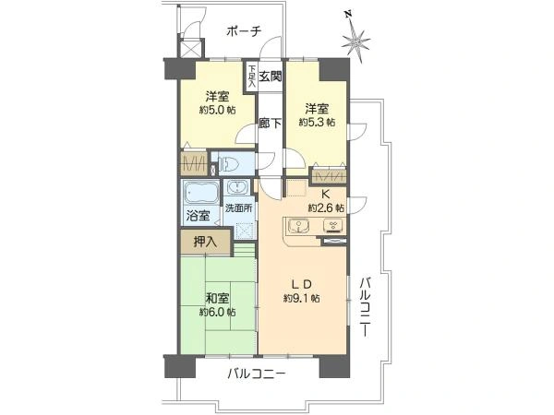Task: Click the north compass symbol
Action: pos(356,40)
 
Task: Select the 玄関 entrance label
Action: pos(270,77)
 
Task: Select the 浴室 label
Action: pos(197,216)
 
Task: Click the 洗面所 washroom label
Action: pos(238,208)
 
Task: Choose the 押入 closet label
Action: pos(206,243)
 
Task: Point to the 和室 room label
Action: pos(218,298)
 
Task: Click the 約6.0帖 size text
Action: pos(218,312)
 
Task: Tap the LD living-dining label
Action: pos(303,283)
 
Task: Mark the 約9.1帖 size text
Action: pos(302,298)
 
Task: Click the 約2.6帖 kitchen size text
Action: pos(326,207)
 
